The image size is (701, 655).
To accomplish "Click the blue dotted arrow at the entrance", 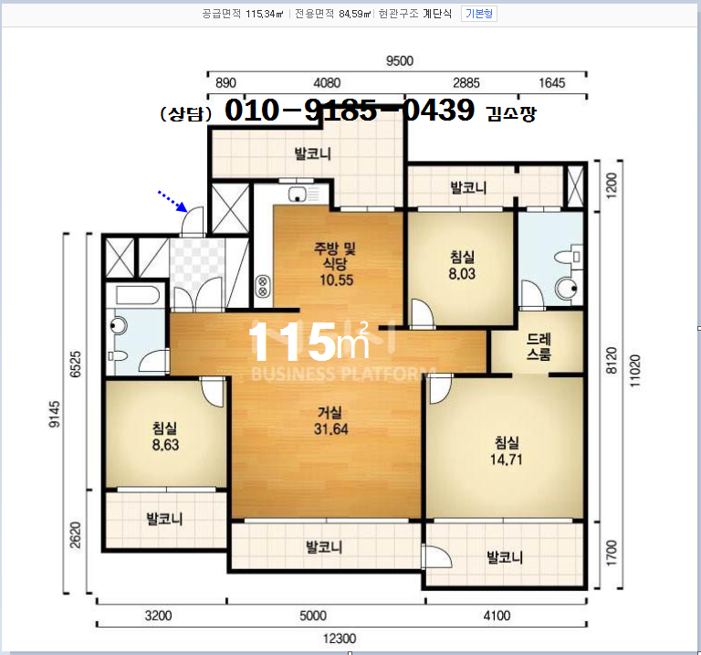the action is [x=173, y=201].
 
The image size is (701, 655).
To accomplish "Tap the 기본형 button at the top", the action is [x=479, y=14].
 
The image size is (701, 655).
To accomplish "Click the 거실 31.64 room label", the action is [x=330, y=420].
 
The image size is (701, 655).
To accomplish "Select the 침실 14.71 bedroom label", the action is [x=506, y=451].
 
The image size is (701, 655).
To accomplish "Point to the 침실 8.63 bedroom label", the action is [x=165, y=437].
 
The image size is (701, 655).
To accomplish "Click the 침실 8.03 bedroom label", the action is [x=462, y=265].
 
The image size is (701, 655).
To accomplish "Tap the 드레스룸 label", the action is [x=539, y=347].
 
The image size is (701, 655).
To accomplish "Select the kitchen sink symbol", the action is [x=303, y=194].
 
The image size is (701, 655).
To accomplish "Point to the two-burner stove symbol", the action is [x=263, y=286].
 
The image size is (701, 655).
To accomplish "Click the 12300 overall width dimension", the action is [x=340, y=639].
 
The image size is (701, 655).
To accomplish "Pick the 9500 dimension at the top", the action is [x=400, y=61].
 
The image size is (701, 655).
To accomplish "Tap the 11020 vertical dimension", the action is [x=635, y=371].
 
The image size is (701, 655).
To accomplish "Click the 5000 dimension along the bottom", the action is [x=313, y=616].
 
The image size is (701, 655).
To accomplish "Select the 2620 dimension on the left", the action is [x=76, y=534].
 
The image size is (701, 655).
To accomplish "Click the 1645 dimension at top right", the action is [x=551, y=83].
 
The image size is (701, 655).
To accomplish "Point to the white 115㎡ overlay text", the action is [x=309, y=342].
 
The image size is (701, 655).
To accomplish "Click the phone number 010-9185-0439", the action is [x=350, y=110].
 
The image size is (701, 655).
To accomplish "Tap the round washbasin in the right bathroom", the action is [x=566, y=289].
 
